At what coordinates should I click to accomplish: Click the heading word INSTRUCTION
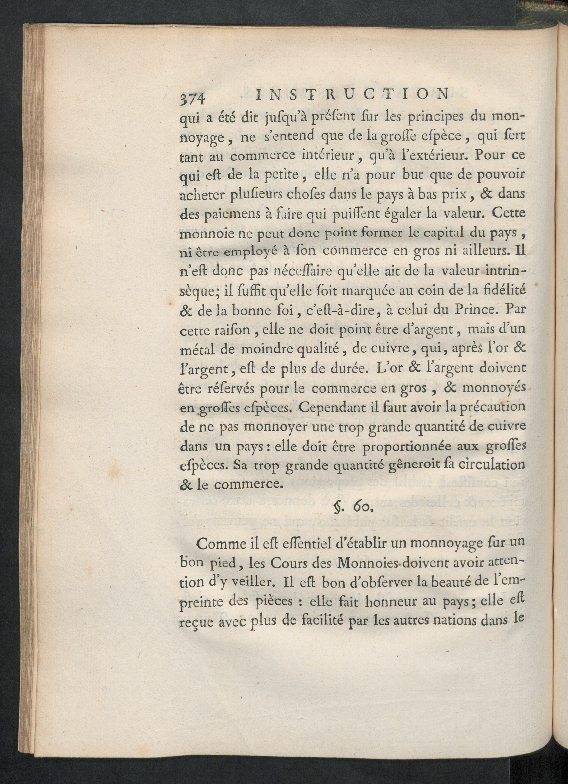[x=351, y=94]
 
